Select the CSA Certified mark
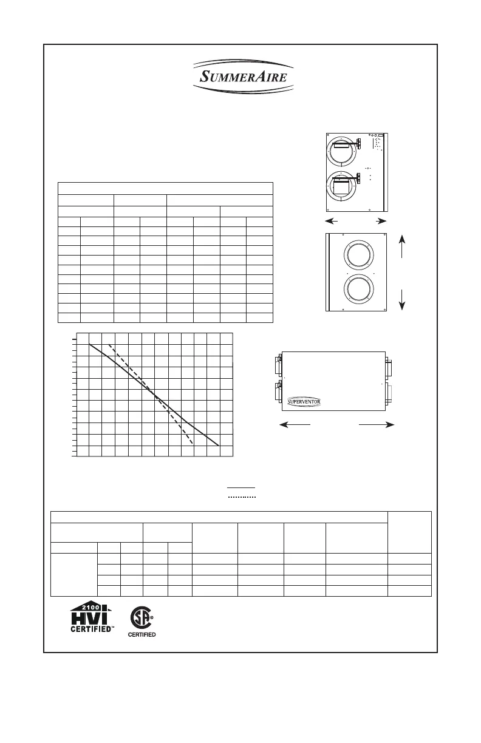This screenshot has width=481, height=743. (142, 622)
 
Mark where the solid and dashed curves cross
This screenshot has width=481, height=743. (157, 396)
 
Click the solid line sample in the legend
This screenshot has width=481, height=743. (242, 487)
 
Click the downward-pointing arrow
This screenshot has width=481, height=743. (403, 299)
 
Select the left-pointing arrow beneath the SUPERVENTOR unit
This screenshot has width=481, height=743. (295, 426)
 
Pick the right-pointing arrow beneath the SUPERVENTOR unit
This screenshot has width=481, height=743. (376, 426)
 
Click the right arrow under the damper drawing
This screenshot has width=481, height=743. (379, 220)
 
